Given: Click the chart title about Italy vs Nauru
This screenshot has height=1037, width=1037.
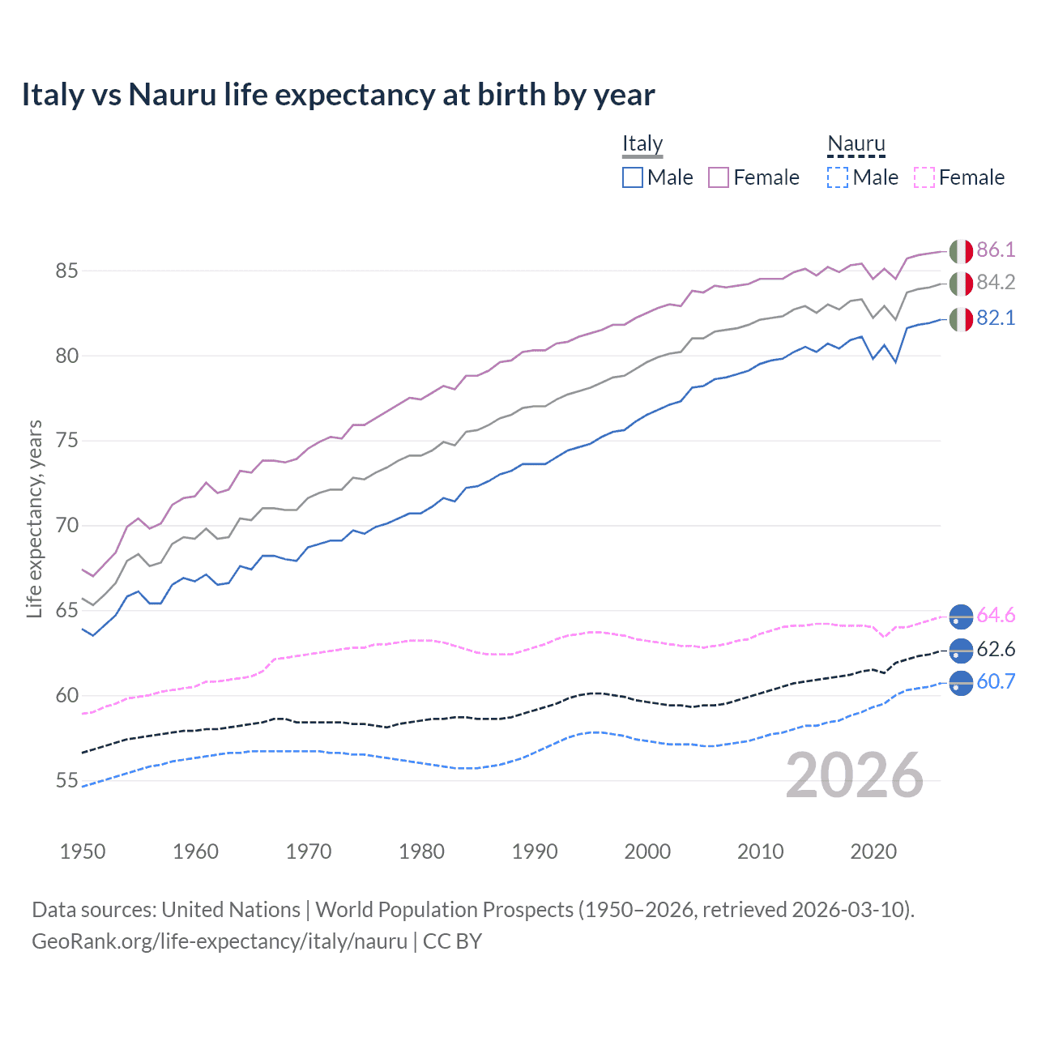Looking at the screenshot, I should coord(338,95).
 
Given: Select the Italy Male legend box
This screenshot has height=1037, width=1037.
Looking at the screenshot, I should coord(633,177).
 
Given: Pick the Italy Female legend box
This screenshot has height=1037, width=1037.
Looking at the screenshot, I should coord(719,177).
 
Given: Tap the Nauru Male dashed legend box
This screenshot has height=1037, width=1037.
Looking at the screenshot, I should coord(838,177).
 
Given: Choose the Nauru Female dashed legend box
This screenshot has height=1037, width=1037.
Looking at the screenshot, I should coord(924,177).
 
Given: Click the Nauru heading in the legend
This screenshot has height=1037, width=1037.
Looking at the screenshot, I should coord(856,144).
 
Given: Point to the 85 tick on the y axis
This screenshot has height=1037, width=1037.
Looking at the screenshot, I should coord(67,271).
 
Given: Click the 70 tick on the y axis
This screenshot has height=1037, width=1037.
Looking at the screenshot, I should coord(67,526).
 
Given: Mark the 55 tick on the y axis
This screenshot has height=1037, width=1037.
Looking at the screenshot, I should coord(67,781).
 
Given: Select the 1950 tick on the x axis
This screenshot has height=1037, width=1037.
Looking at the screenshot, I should coord(83,851).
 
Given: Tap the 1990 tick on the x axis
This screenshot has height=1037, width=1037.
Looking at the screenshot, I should coord(535,851).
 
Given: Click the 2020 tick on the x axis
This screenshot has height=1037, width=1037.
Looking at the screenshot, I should coord(873,851).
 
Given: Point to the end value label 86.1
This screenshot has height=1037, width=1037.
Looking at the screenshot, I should coord(996,250).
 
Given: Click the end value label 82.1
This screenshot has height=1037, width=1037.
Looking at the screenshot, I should coord(996,318).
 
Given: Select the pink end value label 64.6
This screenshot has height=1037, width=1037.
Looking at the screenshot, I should coord(996,615).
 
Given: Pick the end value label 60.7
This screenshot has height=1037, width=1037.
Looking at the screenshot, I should coord(996,681).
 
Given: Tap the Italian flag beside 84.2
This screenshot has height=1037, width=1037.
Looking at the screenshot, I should coord(961,284).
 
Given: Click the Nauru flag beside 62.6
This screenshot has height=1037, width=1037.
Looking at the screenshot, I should coord(961,650).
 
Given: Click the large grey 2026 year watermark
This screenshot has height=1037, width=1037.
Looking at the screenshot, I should coord(855,775).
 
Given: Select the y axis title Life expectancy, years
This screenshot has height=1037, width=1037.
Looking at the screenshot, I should coord(35,518).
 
